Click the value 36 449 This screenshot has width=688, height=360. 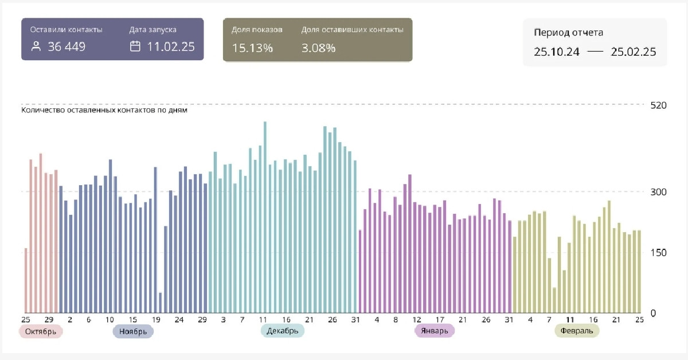tap(67, 47)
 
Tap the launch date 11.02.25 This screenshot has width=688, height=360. tap(171, 47)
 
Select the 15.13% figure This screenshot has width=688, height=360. tap(252, 48)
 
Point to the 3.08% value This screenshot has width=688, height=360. tap(318, 48)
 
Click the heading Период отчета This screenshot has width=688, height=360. tap(568, 33)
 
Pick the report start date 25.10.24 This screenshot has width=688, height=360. tap(556, 52)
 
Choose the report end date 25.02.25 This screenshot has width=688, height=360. tap(633, 52)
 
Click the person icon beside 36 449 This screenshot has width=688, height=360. tap(36, 47)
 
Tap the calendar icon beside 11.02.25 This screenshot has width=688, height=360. tap(135, 47)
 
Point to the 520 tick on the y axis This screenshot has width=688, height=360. tap(659, 105)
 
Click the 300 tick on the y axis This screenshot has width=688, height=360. tap(659, 192)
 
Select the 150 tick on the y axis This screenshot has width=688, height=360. tap(659, 253)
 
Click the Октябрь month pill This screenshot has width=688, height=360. tap(41, 331)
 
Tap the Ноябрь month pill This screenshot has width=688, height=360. tap(133, 331)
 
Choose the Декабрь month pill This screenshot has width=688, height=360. tap(283, 331)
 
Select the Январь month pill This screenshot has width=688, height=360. tap(434, 331)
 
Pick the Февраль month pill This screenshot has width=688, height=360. tap(577, 331)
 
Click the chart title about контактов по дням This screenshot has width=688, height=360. tap(104, 110)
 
